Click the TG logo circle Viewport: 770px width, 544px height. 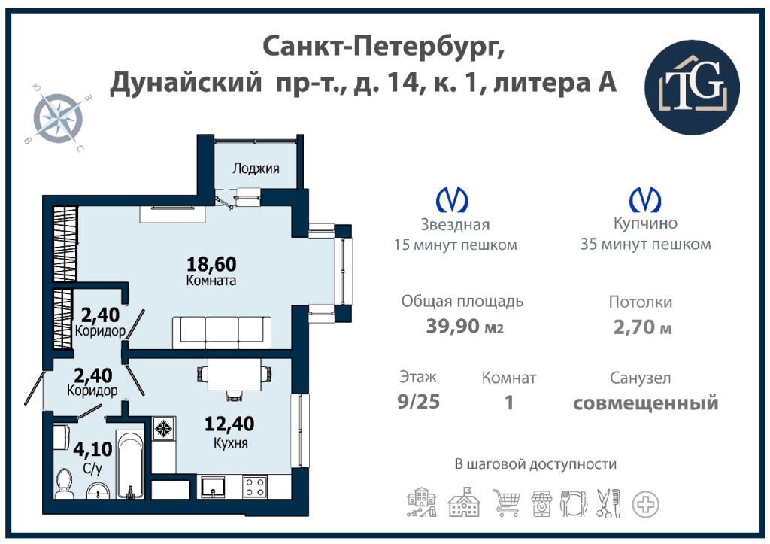[692, 87]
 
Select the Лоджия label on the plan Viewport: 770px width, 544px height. [256, 169]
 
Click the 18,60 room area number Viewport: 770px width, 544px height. [211, 264]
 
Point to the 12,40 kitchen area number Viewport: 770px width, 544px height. [229, 424]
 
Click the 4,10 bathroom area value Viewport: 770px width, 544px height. [92, 449]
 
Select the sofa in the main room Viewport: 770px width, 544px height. [222, 333]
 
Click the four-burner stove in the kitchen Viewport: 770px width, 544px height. [256, 488]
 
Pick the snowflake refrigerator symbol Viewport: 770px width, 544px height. [162, 429]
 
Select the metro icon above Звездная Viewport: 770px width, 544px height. [452, 200]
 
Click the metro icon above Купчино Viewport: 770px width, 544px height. [645, 199]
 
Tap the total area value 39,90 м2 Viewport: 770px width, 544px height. [465, 326]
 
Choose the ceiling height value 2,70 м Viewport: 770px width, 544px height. [642, 327]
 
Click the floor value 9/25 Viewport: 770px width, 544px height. [418, 402]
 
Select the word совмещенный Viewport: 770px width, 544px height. [646, 403]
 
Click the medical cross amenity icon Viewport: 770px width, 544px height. [645, 504]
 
